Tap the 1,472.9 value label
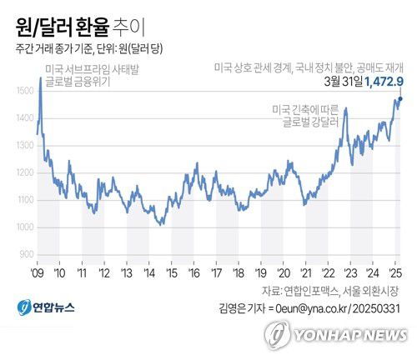pyautogui.click(x=384, y=81)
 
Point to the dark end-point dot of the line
pyautogui.click(x=399, y=99)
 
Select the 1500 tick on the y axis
pyautogui.click(x=25, y=90)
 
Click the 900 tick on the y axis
pyautogui.click(x=27, y=254)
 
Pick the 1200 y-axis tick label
pyautogui.click(x=25, y=172)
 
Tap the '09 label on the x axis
pyautogui.click(x=38, y=272)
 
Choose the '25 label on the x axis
pyautogui.click(x=396, y=272)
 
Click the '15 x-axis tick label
pyautogui.click(x=172, y=272)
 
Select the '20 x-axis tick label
pyautogui.click(x=284, y=272)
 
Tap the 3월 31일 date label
pyautogui.click(x=342, y=81)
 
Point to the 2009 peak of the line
pyautogui.click(x=40, y=77)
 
